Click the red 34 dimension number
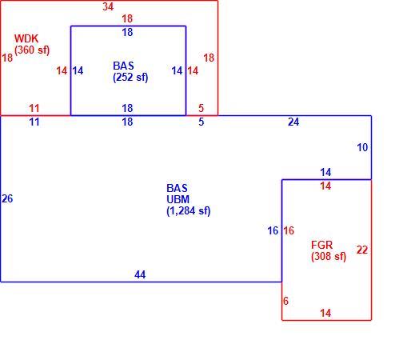pos(108,6)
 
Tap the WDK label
pos(26,38)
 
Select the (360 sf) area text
pos(32,50)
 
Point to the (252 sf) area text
pos(130,78)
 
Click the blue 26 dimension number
pos(7,198)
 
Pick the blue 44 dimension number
pos(140,274)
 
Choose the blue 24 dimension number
pos(293,122)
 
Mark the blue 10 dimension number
pos(362,147)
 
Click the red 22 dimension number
pos(362,250)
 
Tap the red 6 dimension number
pos(285,301)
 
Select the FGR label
pos(322,245)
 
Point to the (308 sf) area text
pos(329,257)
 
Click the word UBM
pos(178,199)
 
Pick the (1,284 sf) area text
pos(189,211)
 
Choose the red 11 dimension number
pos(34,108)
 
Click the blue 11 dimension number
pos(34,122)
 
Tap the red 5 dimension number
pos(202,108)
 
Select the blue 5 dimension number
pos(202,122)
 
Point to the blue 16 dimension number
pos(273,230)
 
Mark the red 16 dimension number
pos(289,230)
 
